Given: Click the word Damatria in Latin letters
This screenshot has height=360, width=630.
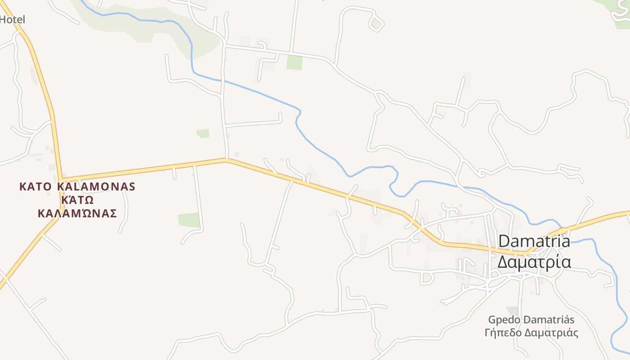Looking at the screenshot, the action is [534, 241].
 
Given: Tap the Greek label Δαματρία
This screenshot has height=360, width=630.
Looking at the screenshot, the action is [534, 261].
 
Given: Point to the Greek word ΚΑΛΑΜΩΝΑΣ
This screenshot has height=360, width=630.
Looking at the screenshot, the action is [77, 213].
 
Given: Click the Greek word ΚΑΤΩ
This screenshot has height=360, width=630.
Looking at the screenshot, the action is [77, 200].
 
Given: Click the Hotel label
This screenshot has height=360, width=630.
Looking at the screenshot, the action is [12, 19].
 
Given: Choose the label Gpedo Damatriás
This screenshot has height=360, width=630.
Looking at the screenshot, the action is [531, 320].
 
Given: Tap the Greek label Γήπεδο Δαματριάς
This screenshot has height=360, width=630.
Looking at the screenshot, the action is [531, 333].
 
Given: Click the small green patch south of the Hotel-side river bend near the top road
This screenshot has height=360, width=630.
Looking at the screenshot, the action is [294, 62].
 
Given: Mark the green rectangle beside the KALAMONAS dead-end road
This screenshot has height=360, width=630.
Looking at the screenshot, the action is [189, 220].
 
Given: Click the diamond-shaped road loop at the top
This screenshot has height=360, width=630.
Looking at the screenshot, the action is [376, 23].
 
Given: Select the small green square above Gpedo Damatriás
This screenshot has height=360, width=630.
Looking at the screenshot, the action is [512, 310].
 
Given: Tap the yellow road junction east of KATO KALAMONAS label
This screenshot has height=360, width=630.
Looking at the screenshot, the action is [62, 179].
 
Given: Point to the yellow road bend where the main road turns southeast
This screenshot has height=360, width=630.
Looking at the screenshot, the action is [226, 159].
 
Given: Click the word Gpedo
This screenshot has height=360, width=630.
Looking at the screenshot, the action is [504, 320].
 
